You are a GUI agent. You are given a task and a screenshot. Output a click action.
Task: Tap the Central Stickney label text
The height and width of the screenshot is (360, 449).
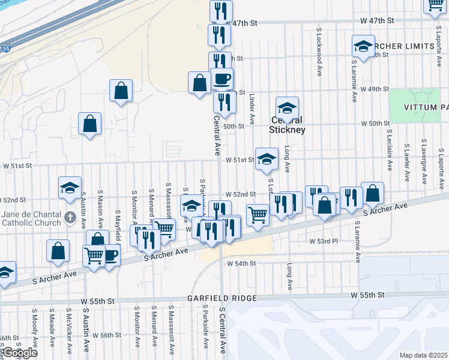[287, 125]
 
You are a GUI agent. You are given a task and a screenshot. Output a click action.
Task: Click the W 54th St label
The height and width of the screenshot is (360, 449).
[242, 263]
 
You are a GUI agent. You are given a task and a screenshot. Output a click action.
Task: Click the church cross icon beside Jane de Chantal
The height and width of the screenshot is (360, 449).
[70, 215]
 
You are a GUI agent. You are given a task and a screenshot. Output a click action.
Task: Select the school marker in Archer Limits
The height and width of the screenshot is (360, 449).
[363, 46]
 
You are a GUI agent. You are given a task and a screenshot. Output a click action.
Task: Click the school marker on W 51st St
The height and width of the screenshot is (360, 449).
[267, 159]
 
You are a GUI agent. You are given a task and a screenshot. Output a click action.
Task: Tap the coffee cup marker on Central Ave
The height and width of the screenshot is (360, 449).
[221, 79]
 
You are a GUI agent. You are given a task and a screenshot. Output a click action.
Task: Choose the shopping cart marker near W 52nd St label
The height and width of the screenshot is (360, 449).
[258, 214]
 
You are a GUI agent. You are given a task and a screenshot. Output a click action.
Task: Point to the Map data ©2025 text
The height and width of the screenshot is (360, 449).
[423, 355]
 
